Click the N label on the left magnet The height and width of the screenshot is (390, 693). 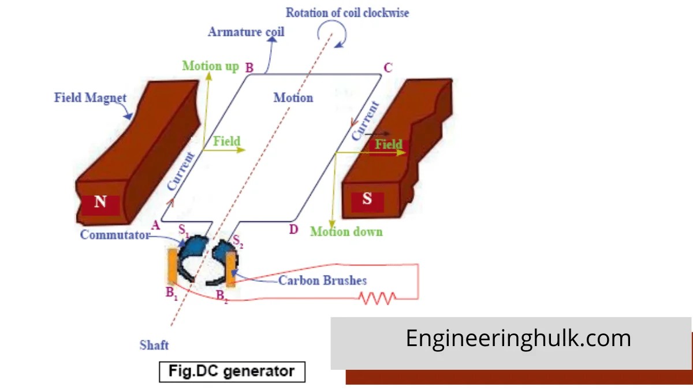(100, 203)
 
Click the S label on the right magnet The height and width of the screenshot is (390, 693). (367, 200)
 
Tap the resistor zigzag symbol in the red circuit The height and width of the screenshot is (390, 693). (378, 298)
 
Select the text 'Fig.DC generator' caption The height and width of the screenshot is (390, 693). (232, 371)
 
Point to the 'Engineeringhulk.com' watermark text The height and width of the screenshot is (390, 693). (518, 338)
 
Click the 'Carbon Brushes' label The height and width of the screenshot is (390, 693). (322, 281)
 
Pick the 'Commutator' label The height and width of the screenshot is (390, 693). (114, 235)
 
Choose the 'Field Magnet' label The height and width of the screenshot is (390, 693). (90, 98)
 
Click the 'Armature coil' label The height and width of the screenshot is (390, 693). (246, 31)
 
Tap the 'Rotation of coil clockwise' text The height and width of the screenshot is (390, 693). (347, 13)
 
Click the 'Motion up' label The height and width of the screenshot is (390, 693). (210, 66)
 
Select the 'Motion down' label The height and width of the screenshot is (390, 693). (346, 232)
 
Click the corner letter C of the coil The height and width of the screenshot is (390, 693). (388, 68)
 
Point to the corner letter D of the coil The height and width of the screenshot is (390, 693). (293, 230)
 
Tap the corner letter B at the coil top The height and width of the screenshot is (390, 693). (249, 68)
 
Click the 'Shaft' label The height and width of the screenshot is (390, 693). (154, 346)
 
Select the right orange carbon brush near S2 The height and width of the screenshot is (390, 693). (231, 269)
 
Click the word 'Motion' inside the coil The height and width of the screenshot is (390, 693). (293, 98)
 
